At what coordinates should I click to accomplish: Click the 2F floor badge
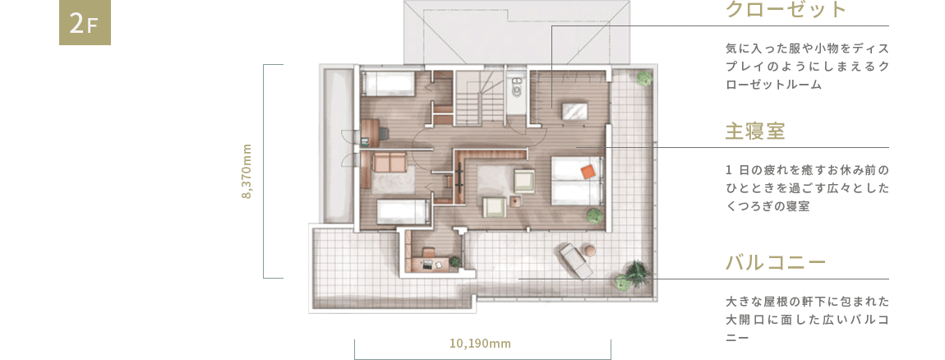(x=85, y=25)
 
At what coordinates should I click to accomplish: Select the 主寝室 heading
(x=754, y=132)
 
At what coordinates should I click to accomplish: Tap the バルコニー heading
(x=774, y=263)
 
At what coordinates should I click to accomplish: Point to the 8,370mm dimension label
(x=247, y=171)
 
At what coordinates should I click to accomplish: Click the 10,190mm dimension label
(x=481, y=343)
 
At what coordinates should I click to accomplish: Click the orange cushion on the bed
(x=587, y=171)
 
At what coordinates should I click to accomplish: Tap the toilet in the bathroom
(x=516, y=91)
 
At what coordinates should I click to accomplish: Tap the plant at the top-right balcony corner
(x=644, y=78)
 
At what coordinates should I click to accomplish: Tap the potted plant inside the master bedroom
(x=593, y=215)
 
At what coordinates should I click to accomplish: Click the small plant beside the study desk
(x=454, y=261)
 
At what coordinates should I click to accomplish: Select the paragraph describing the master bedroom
(x=808, y=189)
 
